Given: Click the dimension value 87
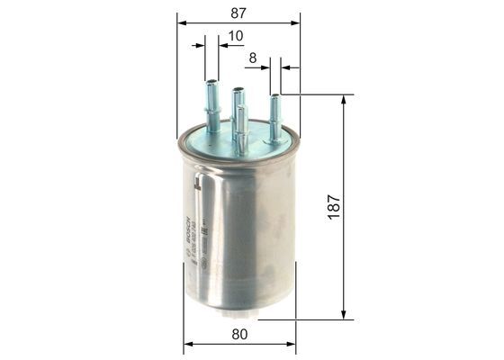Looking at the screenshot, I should (238, 13).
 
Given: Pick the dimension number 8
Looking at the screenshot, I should (253, 59).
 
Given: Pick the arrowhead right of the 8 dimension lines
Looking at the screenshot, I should (286, 66).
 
